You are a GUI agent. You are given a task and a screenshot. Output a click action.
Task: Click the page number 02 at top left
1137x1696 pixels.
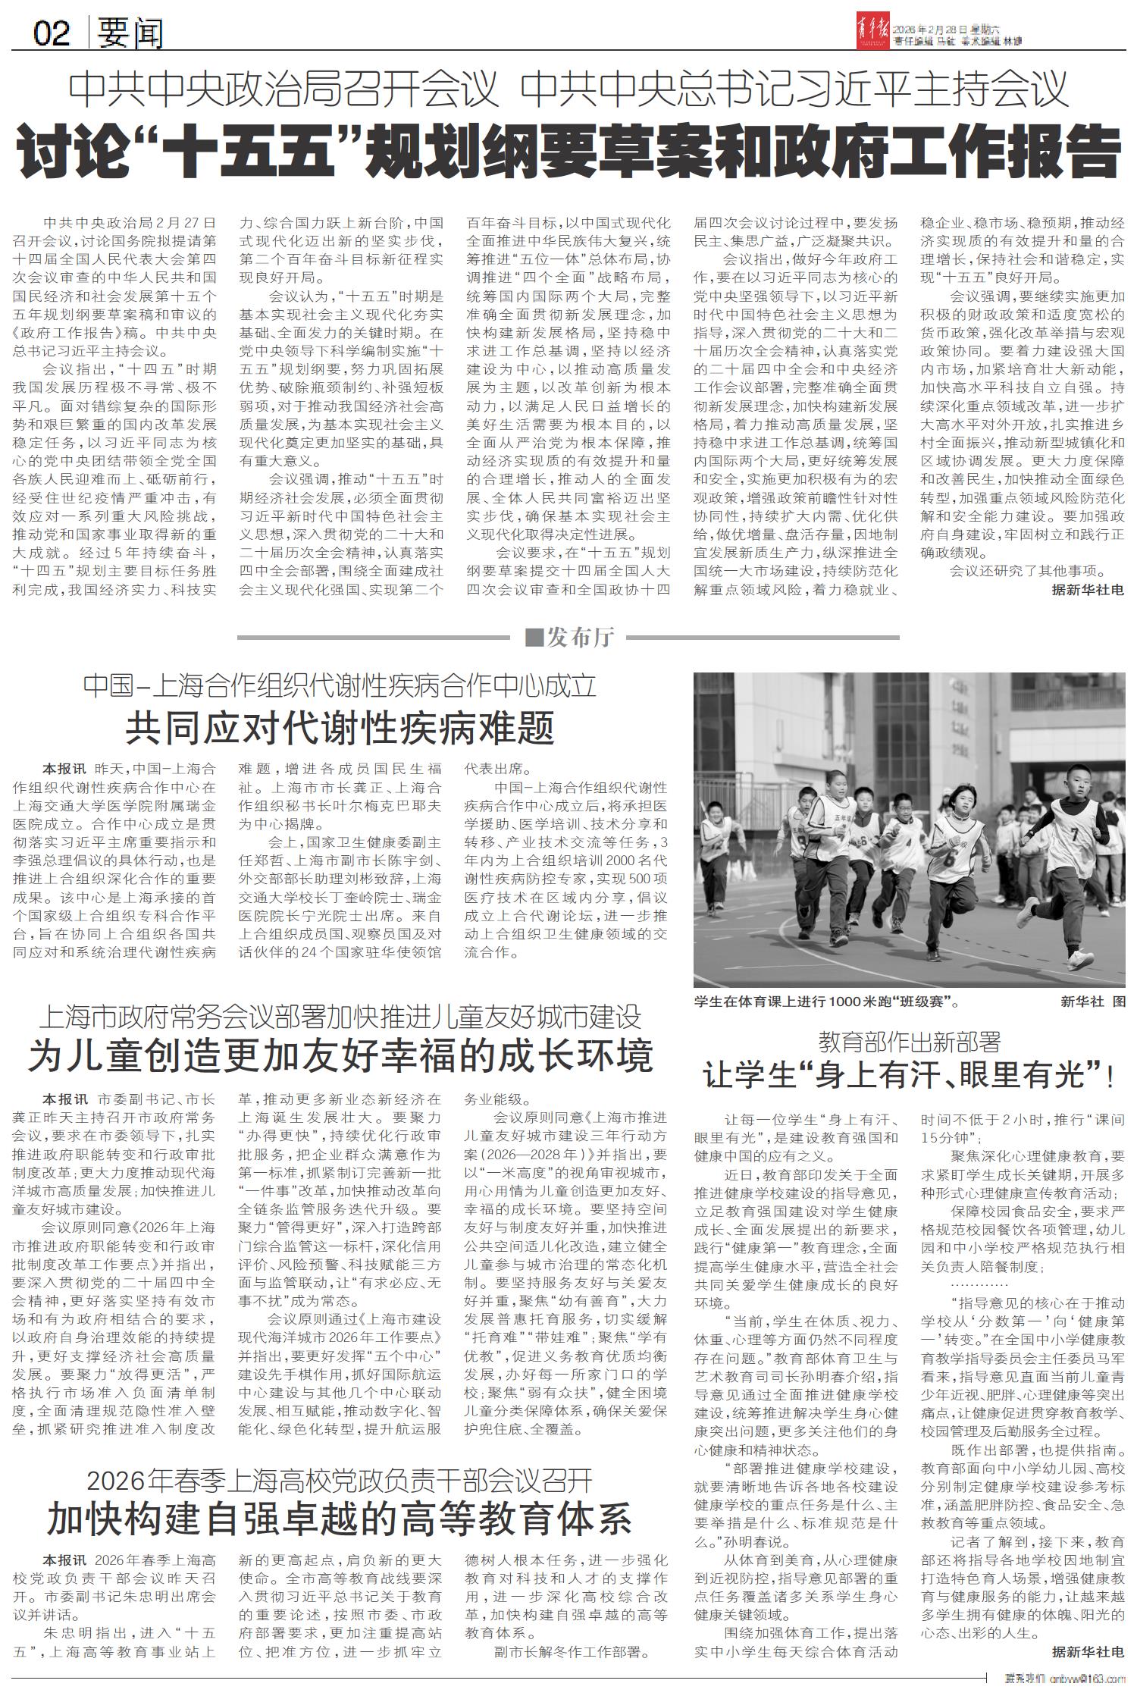[x=52, y=33]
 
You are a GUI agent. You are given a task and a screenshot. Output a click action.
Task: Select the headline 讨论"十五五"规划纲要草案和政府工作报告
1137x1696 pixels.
[x=568, y=152]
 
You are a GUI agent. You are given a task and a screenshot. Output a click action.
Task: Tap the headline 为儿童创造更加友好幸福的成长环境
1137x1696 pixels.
[x=340, y=1055]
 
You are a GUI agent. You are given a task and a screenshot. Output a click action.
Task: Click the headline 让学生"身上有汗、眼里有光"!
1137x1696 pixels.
[x=909, y=1076]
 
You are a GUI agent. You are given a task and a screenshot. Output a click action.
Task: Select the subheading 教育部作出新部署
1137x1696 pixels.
[x=910, y=1042]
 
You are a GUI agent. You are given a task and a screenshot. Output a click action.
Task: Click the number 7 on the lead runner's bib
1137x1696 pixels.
[x=1073, y=834]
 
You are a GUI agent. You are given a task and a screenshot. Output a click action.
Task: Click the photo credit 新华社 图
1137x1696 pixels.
[x=1093, y=1002]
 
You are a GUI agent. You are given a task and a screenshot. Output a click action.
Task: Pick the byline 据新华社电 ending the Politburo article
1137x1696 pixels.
[x=1088, y=589]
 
